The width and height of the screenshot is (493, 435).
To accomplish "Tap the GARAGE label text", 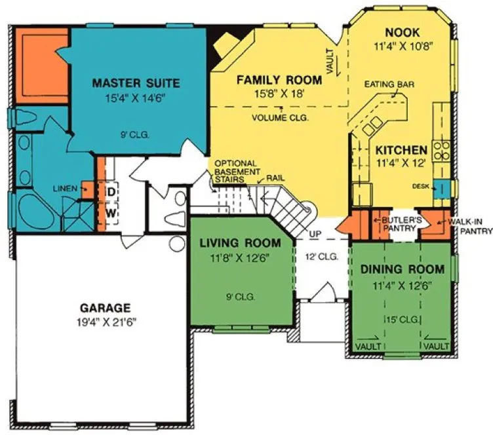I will [106, 307].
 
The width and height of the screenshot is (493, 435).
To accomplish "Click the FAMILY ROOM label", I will [279, 81].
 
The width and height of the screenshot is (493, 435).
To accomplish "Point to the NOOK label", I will [403, 33].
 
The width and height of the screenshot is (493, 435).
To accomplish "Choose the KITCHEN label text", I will [401, 149].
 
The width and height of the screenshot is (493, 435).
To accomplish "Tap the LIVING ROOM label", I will [240, 243].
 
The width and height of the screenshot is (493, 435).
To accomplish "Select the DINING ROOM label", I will [403, 269].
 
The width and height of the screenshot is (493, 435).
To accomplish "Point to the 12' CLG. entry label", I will [322, 257].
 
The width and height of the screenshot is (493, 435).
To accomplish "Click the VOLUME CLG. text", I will [281, 119].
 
